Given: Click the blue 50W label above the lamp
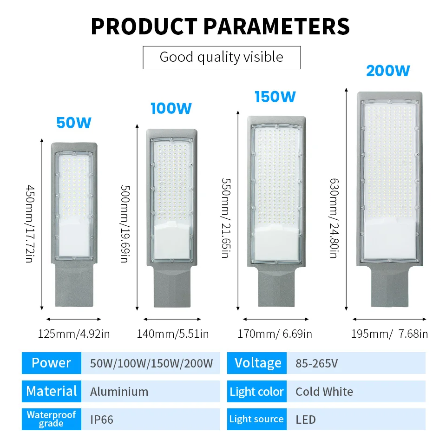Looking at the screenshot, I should [x=74, y=123].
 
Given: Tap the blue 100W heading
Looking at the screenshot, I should [x=171, y=108].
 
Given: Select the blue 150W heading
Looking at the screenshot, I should [x=275, y=97].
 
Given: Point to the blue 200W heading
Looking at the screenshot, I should [x=388, y=71].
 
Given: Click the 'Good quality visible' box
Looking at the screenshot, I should [x=222, y=57].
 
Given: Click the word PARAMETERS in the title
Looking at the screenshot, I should [x=277, y=26].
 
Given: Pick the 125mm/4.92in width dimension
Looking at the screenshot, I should [x=74, y=334].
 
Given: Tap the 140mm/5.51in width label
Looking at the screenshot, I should [x=172, y=334].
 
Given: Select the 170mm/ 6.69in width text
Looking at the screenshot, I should [x=275, y=334].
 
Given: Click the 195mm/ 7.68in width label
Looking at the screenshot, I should [x=390, y=334].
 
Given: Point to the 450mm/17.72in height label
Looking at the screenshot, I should [x=29, y=223].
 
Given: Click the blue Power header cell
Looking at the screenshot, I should [x=51, y=363].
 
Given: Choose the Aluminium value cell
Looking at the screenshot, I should [x=119, y=392].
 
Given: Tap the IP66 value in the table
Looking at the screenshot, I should [x=102, y=420].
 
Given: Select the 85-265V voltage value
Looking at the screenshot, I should [x=316, y=363].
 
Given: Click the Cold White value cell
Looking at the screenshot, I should [x=324, y=392].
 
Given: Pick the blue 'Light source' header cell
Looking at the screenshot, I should [x=256, y=420].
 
